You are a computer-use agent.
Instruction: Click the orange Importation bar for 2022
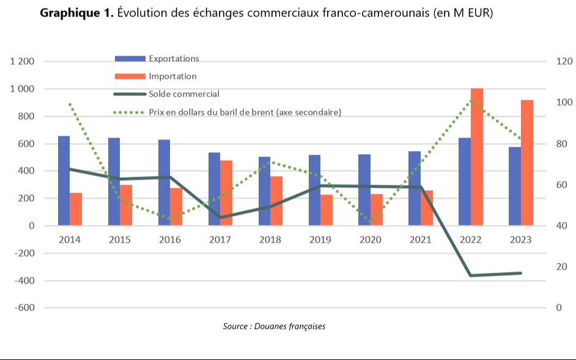click(x=477, y=157)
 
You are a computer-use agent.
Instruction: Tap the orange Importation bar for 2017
click(x=226, y=193)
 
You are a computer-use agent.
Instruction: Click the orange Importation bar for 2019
click(x=327, y=210)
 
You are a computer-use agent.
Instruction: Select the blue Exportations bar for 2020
click(x=364, y=190)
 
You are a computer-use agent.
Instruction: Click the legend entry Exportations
click(x=174, y=59)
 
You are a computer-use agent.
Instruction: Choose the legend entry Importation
click(x=172, y=76)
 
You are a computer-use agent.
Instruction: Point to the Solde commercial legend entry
click(x=183, y=94)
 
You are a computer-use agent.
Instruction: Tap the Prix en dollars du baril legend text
click(x=245, y=112)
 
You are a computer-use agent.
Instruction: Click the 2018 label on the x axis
click(x=270, y=240)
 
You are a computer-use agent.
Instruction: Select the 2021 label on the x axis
click(x=420, y=240)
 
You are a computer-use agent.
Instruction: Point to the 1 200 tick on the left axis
click(x=22, y=62)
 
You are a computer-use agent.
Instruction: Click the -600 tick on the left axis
click(x=24, y=308)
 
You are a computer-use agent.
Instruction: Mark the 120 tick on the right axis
click(x=563, y=62)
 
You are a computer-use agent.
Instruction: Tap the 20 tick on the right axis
click(x=561, y=267)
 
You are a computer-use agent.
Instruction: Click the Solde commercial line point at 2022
click(x=471, y=276)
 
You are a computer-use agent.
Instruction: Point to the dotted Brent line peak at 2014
click(x=70, y=104)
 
